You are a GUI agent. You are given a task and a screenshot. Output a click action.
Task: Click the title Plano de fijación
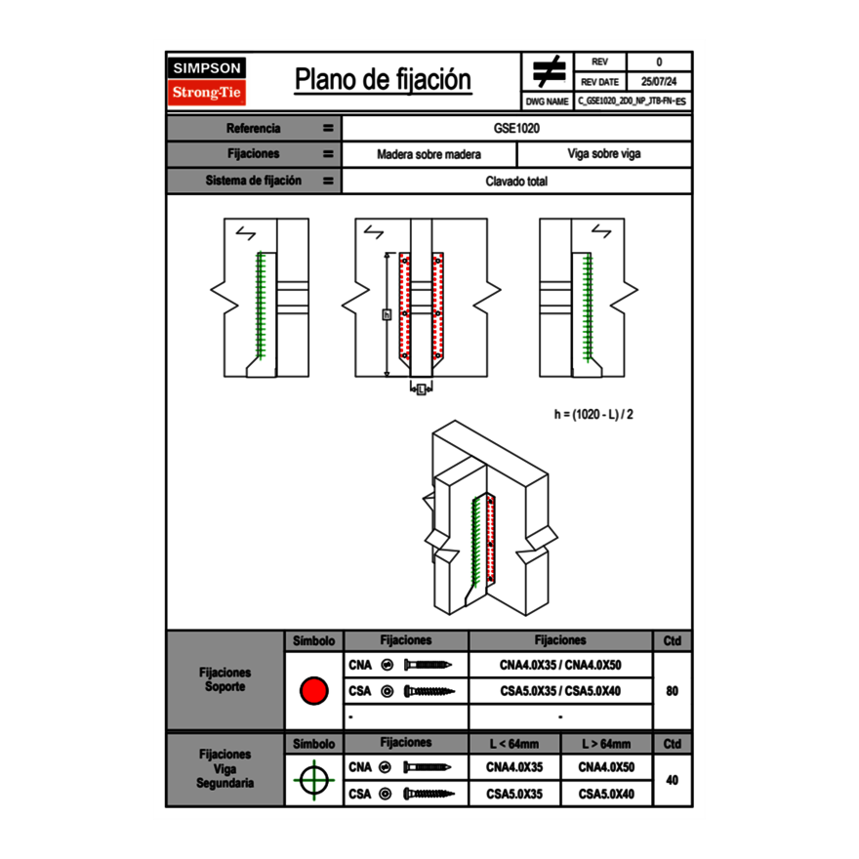pos(383,80)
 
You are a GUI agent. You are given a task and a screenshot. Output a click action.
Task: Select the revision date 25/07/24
pos(659,82)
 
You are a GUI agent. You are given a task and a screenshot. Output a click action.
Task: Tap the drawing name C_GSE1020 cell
pos(632,102)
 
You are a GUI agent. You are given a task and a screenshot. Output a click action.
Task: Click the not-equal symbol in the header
pos(548,71)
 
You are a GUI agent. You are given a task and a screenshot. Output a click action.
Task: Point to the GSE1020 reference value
pos(516,128)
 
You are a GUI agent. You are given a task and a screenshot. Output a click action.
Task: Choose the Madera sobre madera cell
pos(429,154)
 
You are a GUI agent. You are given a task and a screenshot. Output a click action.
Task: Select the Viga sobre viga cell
pos(603,154)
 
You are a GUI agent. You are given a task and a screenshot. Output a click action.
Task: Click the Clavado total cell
pos(516,181)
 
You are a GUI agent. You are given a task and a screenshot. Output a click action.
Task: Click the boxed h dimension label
pos(387,314)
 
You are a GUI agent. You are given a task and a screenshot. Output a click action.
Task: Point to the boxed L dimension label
pos(420,390)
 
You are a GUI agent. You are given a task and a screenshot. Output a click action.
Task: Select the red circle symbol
pos(313,691)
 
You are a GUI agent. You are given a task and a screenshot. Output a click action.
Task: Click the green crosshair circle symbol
pos(313,780)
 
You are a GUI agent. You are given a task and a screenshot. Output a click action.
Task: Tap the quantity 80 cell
pos(672,691)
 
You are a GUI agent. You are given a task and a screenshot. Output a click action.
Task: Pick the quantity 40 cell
pos(672,780)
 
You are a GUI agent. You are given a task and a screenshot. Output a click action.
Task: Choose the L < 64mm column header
pos(513,744)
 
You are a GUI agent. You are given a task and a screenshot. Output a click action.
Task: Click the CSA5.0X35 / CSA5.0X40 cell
pos(560,691)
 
